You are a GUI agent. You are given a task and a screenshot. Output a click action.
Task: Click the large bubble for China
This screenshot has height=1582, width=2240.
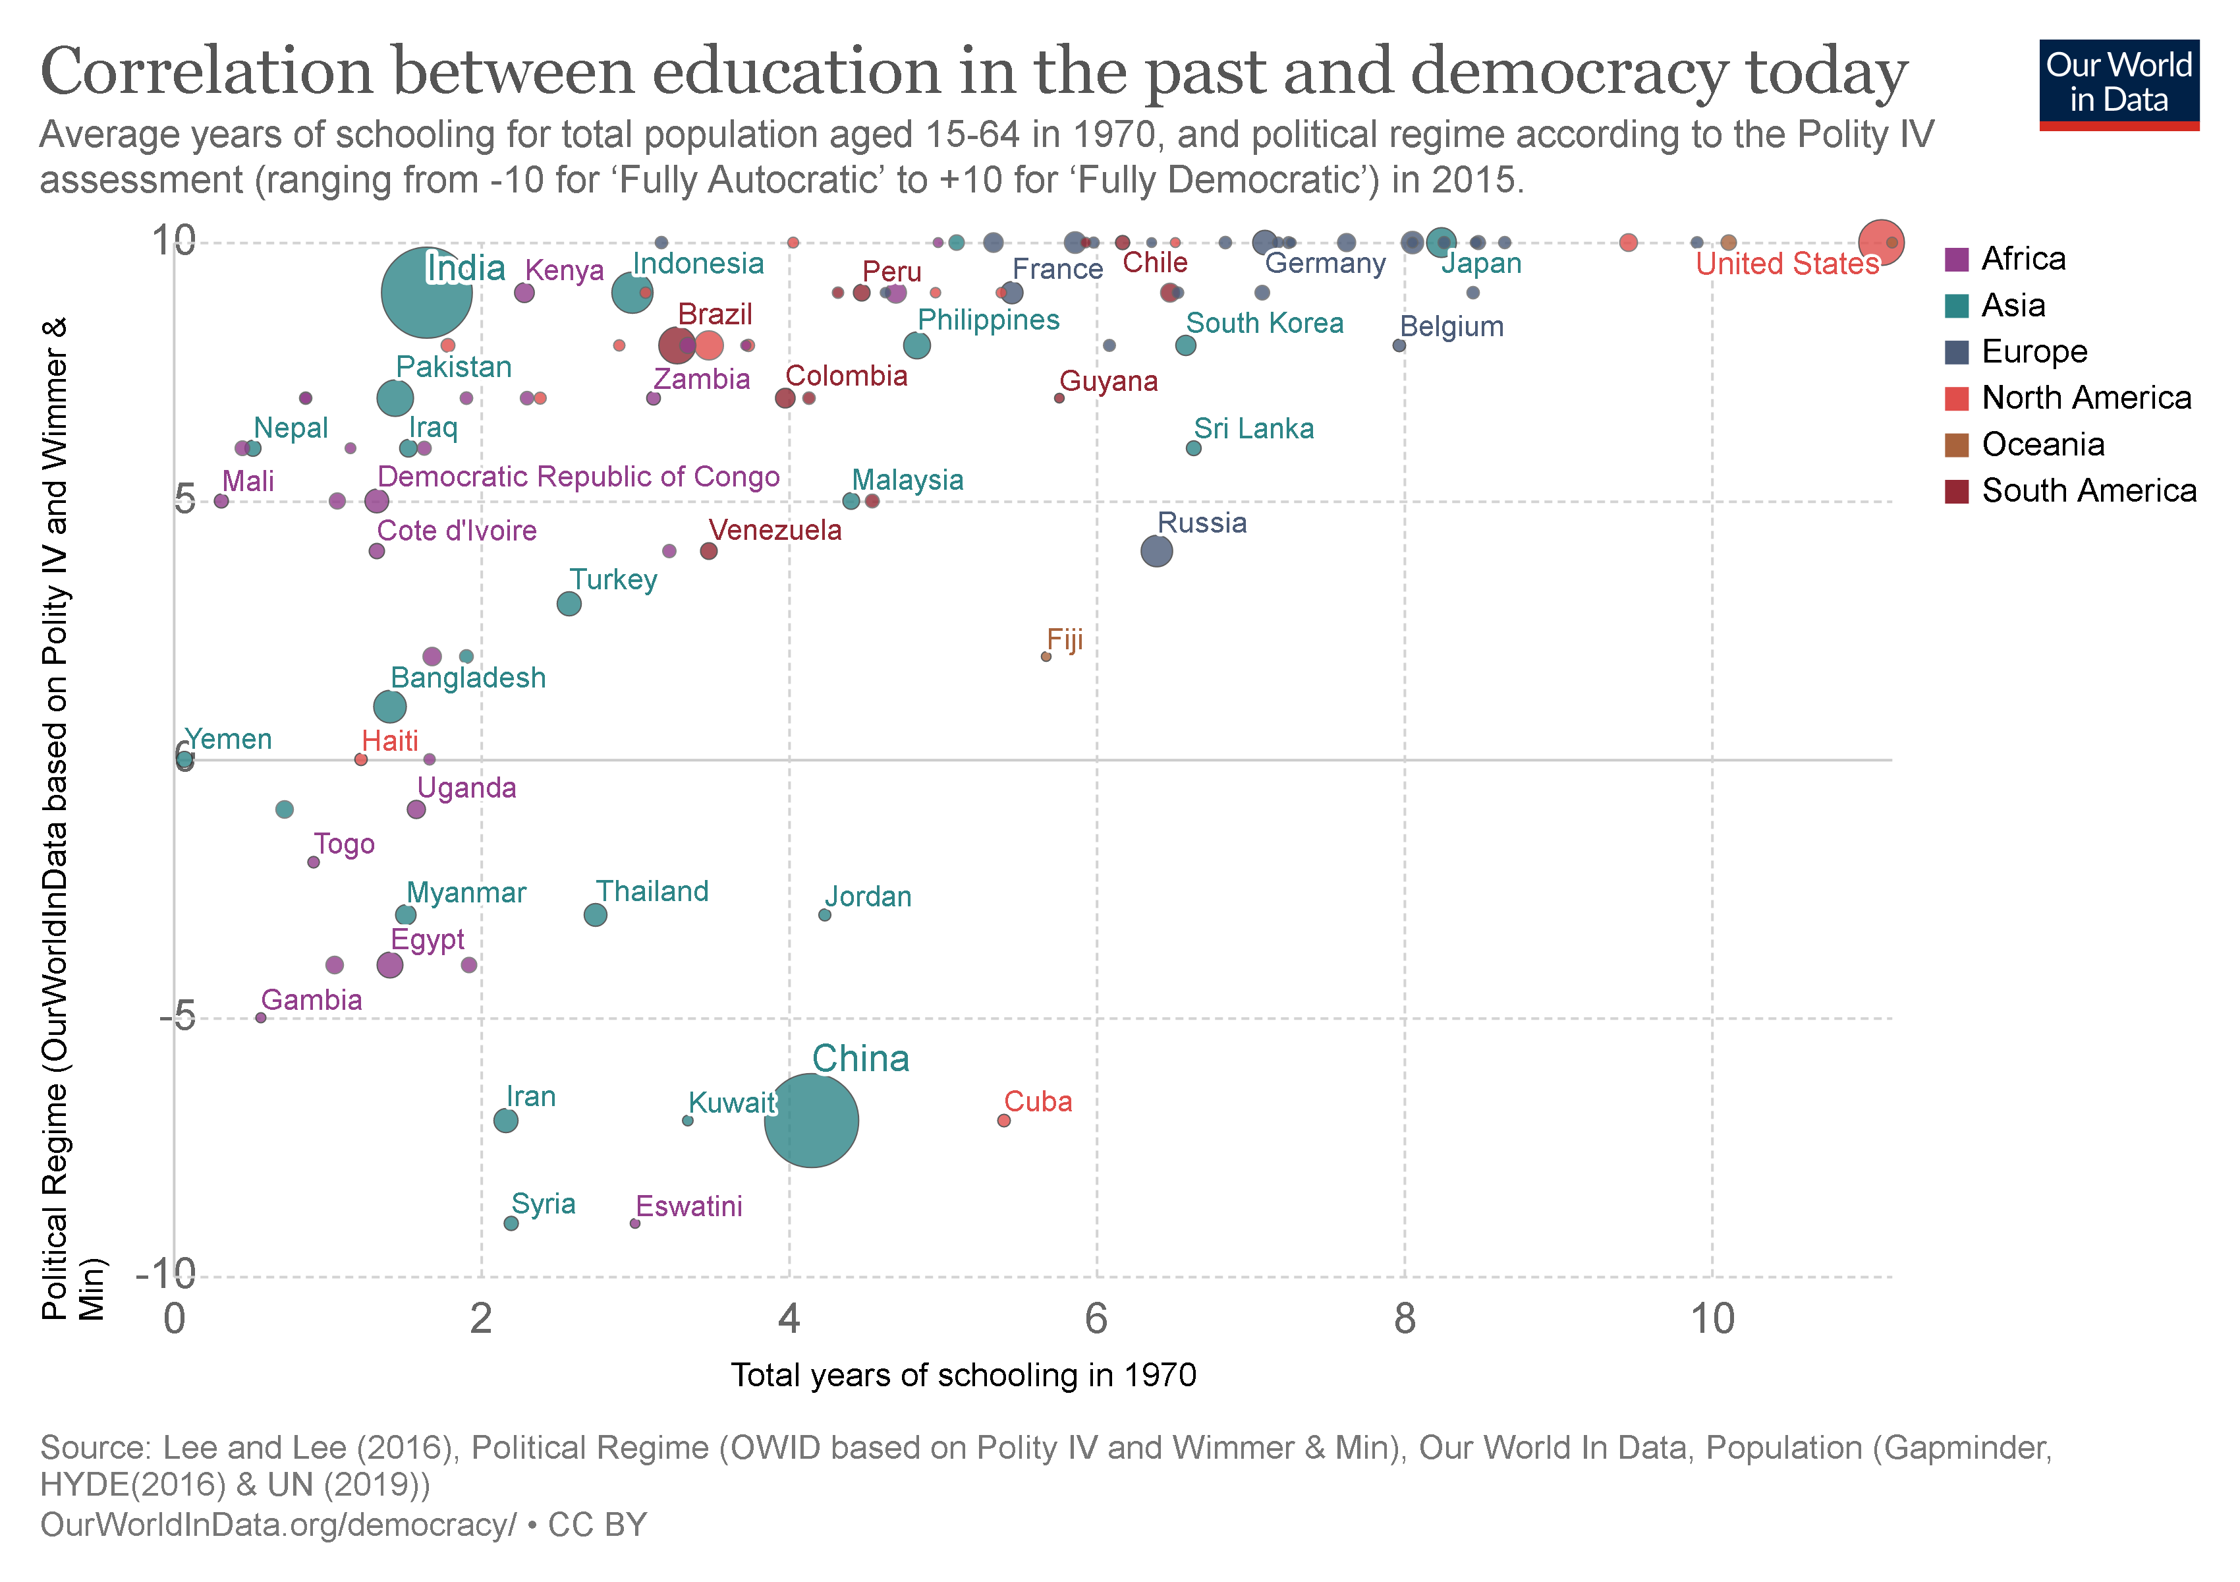click(x=811, y=1121)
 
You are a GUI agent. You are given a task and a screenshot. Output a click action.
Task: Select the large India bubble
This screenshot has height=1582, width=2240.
click(x=426, y=293)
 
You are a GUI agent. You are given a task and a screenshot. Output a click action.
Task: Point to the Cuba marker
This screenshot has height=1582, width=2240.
click(x=1004, y=1121)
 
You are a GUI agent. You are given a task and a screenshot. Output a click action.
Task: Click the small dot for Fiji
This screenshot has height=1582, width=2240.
click(x=1046, y=657)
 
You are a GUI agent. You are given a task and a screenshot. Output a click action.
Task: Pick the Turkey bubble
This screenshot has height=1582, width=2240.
click(x=569, y=603)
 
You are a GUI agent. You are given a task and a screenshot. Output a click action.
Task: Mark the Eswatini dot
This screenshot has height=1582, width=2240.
click(x=635, y=1223)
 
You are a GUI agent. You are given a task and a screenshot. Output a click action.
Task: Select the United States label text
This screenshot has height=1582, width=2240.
click(x=1786, y=264)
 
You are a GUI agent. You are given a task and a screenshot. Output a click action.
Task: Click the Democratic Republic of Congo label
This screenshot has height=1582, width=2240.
click(x=578, y=477)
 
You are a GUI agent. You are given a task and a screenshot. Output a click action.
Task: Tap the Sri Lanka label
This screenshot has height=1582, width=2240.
click(x=1254, y=428)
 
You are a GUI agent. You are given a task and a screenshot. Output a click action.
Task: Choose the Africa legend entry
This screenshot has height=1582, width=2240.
click(x=2023, y=258)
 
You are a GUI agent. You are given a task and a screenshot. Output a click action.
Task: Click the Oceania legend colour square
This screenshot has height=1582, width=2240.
click(x=1956, y=445)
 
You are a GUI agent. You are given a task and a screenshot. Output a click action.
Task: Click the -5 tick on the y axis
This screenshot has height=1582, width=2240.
click(x=178, y=1018)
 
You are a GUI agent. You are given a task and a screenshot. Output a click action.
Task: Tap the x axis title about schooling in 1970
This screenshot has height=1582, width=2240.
click(x=963, y=1375)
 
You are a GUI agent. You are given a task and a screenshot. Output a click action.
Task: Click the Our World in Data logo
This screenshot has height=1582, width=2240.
click(x=2118, y=84)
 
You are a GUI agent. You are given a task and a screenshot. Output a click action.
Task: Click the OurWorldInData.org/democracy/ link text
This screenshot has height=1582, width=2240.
click(x=278, y=1525)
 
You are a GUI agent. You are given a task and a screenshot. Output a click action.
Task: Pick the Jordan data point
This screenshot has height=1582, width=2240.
click(x=824, y=914)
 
